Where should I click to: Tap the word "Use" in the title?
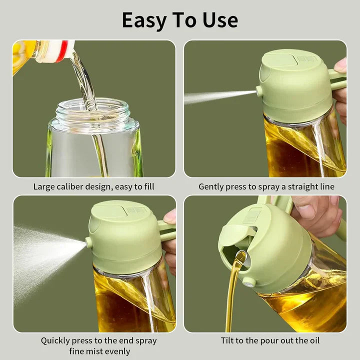coord(219,20)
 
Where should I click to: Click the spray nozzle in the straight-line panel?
coord(259,91)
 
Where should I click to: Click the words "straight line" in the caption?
coord(310,186)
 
